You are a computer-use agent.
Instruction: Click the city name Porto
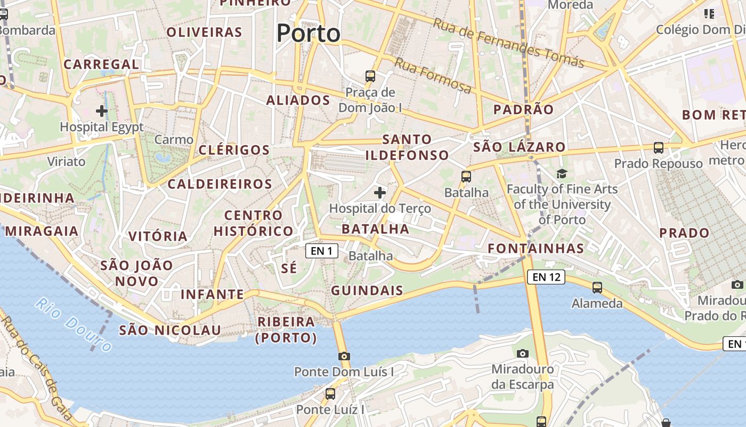pos(308,33)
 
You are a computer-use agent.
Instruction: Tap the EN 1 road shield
pos(322,251)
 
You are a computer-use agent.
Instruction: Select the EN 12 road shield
pos(546,277)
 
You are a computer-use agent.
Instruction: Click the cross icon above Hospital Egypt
pos(101,111)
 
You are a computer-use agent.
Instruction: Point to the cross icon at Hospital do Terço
pos(380,192)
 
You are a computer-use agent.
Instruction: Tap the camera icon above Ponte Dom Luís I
pos(344,356)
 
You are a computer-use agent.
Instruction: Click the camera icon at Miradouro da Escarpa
pos(522,353)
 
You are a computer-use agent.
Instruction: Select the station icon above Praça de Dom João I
pos(370,76)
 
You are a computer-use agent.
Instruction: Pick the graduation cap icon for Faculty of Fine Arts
pos(562,173)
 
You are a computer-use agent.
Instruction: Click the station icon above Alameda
pos(597,288)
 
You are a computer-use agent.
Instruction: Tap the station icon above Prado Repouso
pos(659,148)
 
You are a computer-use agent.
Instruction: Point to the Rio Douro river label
pos(74,325)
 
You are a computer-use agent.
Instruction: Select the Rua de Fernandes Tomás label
pos(508,43)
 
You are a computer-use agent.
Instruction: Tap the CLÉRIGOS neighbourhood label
pos(234,150)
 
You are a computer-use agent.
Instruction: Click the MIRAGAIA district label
pos(42,231)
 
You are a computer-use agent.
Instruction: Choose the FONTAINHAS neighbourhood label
pos(536,248)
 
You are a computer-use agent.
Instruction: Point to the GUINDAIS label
pos(367,291)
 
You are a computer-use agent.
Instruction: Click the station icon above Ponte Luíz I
pos(330,394)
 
